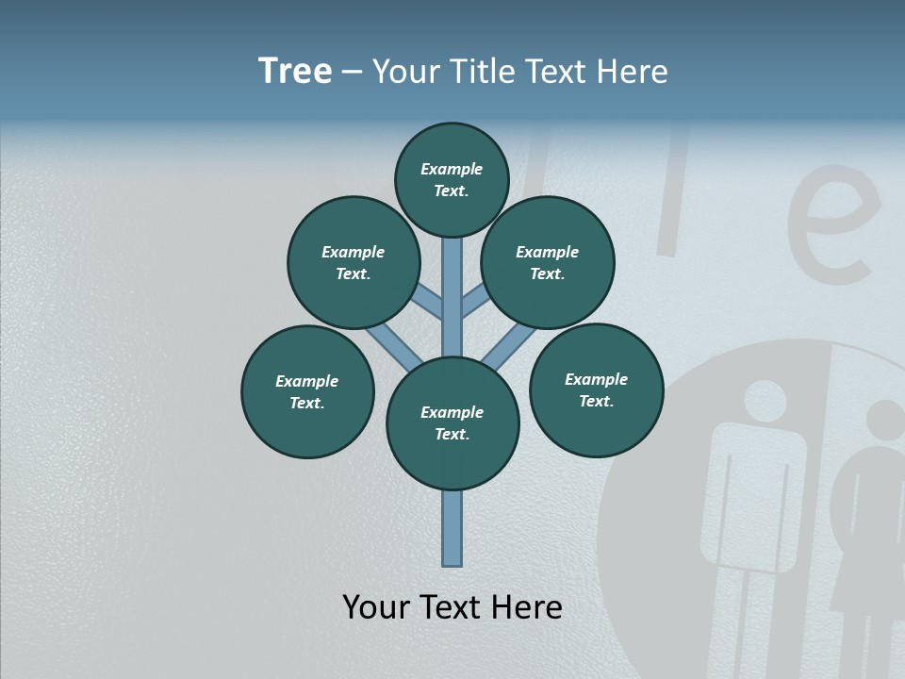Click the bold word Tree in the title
(295, 72)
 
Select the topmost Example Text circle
(452, 180)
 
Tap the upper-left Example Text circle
(354, 262)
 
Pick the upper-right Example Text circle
(548, 262)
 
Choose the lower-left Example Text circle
(307, 391)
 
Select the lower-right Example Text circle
(596, 389)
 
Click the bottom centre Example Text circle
(452, 423)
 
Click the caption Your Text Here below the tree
(452, 607)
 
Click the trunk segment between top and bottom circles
(452, 297)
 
